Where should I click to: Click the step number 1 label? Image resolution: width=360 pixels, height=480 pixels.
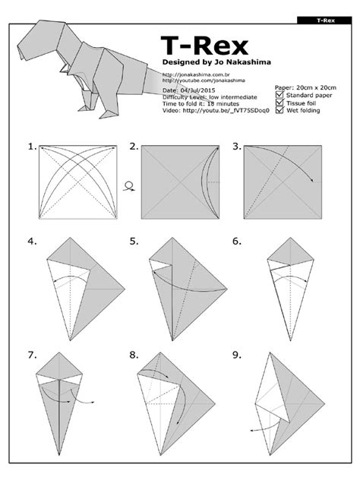tap(31, 147)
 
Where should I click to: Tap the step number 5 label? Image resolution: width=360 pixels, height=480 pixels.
tap(134, 242)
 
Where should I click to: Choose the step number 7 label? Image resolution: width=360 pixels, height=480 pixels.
tap(31, 355)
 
